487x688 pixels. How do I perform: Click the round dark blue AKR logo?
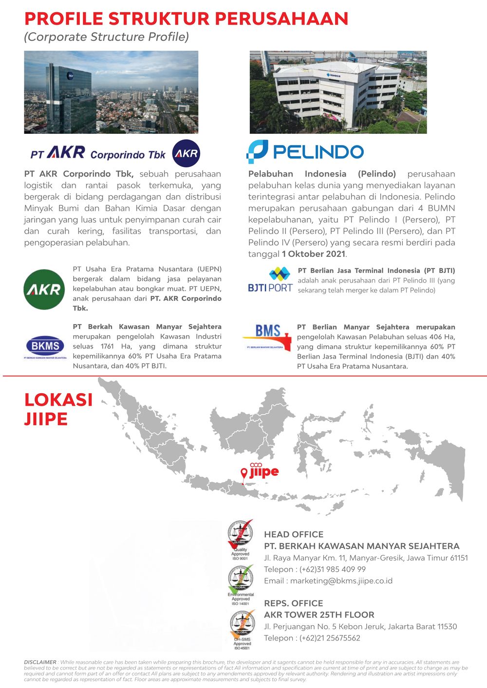tap(186, 153)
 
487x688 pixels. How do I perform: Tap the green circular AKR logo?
tap(44, 290)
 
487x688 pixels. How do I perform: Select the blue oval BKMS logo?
tap(45, 346)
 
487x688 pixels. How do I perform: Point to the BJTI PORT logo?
tap(270, 280)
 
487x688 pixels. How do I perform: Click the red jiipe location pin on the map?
tap(244, 473)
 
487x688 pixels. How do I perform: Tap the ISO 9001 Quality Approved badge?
tap(241, 540)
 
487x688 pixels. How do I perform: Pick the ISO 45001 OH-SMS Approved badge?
tap(242, 630)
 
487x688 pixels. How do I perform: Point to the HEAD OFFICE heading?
tap(294, 534)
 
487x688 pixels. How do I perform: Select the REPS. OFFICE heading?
tap(294, 603)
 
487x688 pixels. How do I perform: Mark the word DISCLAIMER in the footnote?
tap(40, 662)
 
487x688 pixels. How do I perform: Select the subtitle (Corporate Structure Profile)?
tap(107, 37)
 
